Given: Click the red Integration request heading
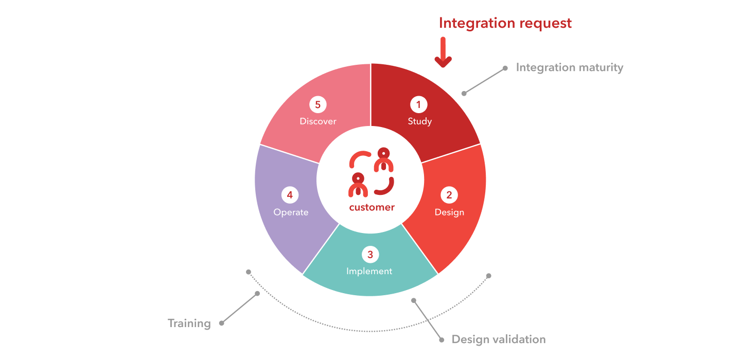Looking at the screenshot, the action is click(x=505, y=24).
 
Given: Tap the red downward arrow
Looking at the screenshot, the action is click(x=443, y=52).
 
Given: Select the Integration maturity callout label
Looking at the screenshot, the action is click(x=570, y=68).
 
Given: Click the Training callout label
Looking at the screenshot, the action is click(x=189, y=323).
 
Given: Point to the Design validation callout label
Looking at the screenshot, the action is click(x=499, y=339).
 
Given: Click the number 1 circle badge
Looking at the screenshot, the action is click(x=419, y=104).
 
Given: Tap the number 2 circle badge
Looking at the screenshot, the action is click(x=449, y=195).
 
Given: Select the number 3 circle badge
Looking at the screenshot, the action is click(x=370, y=255).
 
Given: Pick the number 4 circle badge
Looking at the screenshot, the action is click(x=290, y=195).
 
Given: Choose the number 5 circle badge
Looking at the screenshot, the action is click(x=318, y=104).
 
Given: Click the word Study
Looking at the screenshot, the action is click(x=420, y=122).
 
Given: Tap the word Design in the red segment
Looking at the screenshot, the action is click(x=449, y=212).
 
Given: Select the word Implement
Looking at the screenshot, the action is click(x=369, y=271).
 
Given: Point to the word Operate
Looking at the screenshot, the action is click(x=291, y=212).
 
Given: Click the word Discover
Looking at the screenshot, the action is click(x=318, y=121).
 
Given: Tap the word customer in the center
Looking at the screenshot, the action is click(x=372, y=207).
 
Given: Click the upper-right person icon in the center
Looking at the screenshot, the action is click(x=384, y=159).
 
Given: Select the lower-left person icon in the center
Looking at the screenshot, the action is click(x=358, y=185).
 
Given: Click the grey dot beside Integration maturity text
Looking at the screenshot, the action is click(x=505, y=68).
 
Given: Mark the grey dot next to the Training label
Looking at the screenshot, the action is click(x=222, y=323).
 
